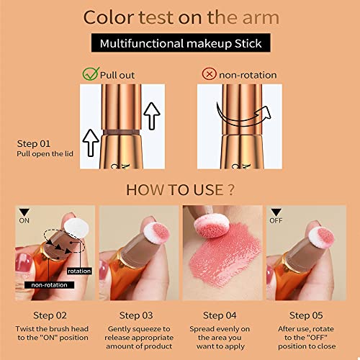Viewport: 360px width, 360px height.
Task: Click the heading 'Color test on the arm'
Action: [179, 17]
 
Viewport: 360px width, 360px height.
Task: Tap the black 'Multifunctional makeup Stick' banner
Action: [179, 43]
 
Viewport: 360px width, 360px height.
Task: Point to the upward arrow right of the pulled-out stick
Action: [150, 116]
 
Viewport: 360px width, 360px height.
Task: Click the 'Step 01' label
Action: [32, 143]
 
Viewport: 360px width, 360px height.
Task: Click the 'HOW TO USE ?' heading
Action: [179, 191]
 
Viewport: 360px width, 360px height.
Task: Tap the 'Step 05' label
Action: [304, 315]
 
